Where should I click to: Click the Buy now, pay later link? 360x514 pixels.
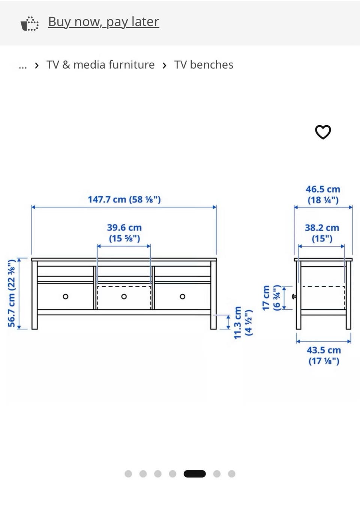pos(103,22)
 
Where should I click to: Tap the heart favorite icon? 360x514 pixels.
pos(323,132)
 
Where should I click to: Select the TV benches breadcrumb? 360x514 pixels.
pos(204,65)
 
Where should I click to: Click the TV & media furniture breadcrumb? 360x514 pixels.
pos(100,65)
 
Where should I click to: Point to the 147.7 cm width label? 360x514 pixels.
pos(124,199)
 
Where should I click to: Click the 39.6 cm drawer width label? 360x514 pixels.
pos(124,233)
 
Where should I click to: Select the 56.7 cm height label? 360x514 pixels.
pos(12,293)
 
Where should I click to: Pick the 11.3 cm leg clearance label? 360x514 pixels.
pos(243,322)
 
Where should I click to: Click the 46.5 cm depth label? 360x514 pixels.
pos(323,195)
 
